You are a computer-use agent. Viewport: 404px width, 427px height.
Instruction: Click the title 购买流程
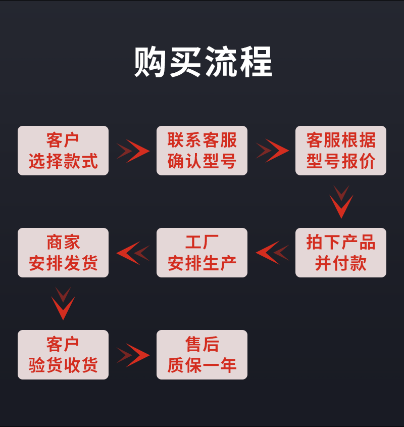tap(203, 62)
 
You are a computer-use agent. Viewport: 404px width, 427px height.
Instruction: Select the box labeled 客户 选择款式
tap(63, 151)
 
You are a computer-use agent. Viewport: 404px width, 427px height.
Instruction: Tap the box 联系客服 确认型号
tap(202, 151)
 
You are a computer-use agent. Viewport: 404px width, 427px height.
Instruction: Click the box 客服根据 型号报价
tap(341, 151)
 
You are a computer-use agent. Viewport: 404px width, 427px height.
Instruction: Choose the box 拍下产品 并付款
tap(341, 253)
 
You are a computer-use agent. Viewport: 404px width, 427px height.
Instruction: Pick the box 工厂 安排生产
tap(202, 253)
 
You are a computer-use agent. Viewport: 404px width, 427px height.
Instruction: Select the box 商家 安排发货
tap(63, 253)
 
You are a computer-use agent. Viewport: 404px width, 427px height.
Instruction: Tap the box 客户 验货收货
tap(63, 355)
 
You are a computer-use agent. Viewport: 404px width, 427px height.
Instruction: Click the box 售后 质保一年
tap(202, 355)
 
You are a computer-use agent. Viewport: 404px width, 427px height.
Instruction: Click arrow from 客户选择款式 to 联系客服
tap(133, 151)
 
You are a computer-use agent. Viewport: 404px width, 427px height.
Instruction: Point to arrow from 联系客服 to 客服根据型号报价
tap(272, 151)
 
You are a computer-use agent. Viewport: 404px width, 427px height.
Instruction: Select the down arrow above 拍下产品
tap(341, 202)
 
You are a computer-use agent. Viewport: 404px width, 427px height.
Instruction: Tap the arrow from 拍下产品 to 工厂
tap(272, 253)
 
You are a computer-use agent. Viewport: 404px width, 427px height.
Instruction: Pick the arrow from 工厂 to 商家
tap(133, 253)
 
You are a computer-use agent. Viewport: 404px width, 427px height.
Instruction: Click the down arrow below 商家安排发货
tap(63, 304)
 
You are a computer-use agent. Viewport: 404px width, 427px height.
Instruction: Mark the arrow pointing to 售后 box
tap(133, 355)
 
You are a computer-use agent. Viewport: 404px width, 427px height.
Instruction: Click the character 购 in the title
tap(150, 62)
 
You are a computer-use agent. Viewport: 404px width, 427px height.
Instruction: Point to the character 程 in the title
tap(256, 62)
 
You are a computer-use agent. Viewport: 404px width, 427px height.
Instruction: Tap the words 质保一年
tap(202, 365)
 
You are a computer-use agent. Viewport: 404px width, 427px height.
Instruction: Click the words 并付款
tap(341, 263)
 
